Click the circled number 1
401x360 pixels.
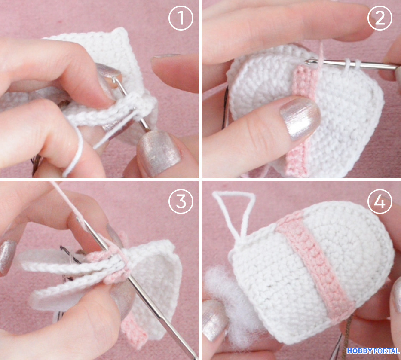(x=181, y=18)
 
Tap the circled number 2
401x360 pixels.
(x=380, y=18)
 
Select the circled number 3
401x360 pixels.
(x=181, y=201)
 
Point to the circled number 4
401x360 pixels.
(x=380, y=201)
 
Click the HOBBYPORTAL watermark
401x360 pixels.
(x=373, y=351)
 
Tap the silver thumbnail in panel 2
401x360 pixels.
(x=300, y=118)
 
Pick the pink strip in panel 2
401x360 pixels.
(x=302, y=120)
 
